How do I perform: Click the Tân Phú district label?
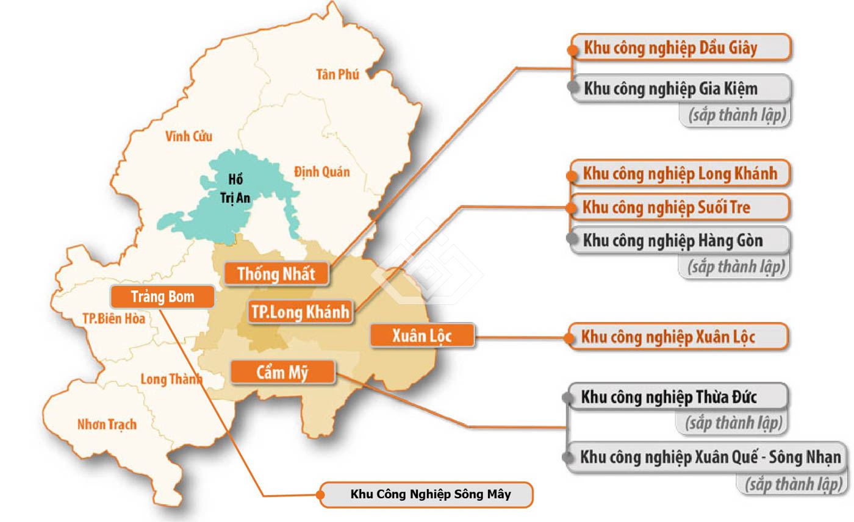[337, 74]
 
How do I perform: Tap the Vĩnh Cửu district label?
[189, 136]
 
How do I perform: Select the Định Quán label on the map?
[321, 171]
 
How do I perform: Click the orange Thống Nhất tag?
[277, 274]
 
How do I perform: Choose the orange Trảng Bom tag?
[162, 297]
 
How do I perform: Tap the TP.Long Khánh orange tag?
[301, 312]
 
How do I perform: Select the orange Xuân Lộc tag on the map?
[422, 335]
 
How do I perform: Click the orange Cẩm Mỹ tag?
[282, 372]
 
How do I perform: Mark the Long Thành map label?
[171, 379]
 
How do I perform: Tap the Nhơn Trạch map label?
[107, 424]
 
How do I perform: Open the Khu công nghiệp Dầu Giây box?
[680, 48]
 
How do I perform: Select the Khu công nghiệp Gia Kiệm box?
[680, 89]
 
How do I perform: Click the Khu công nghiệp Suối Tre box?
[678, 207]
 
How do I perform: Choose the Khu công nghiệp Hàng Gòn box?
[678, 240]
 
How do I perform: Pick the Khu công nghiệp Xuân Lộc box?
[677, 337]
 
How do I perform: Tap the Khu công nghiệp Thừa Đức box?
[677, 398]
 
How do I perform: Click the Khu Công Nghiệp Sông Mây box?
[426, 495]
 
